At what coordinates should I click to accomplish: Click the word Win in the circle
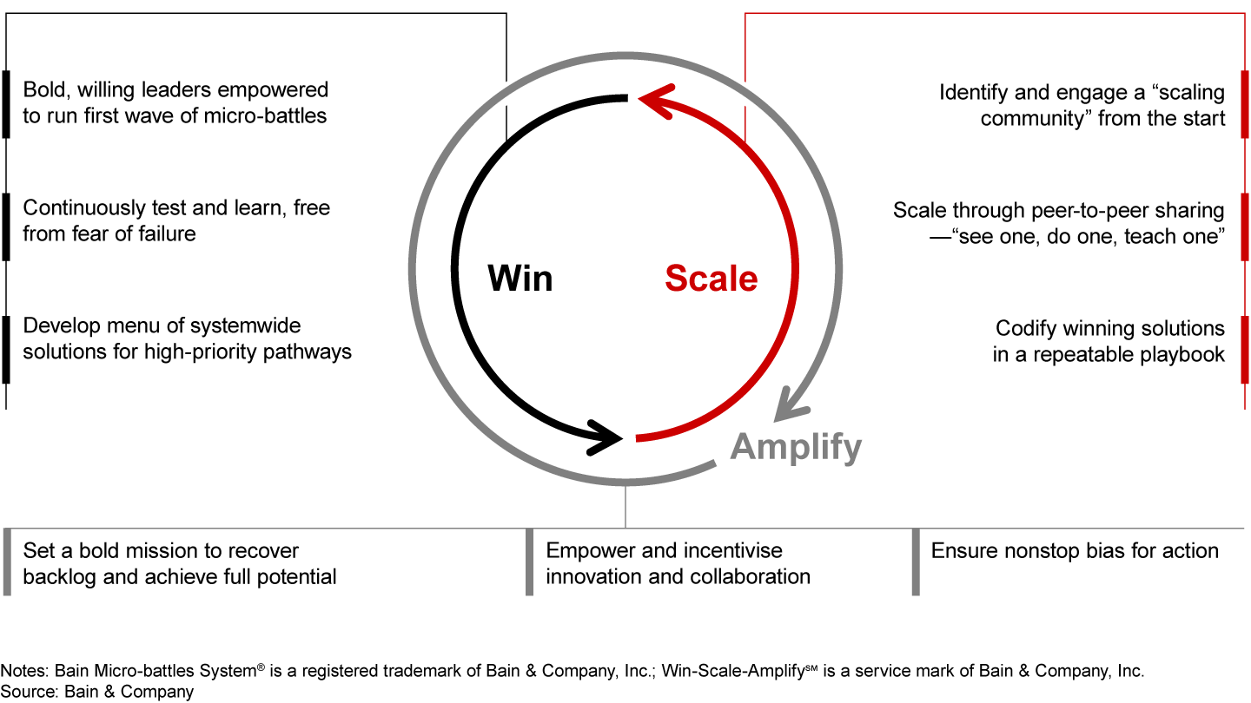pos(520,279)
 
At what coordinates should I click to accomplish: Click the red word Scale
pos(711,279)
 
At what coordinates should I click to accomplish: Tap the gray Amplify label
pos(796,447)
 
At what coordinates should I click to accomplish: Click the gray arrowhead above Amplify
pos(793,402)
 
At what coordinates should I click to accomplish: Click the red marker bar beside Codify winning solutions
pos(1244,349)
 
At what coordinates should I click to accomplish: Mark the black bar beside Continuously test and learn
pos(6,227)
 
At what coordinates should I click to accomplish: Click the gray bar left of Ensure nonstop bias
pos(916,562)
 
